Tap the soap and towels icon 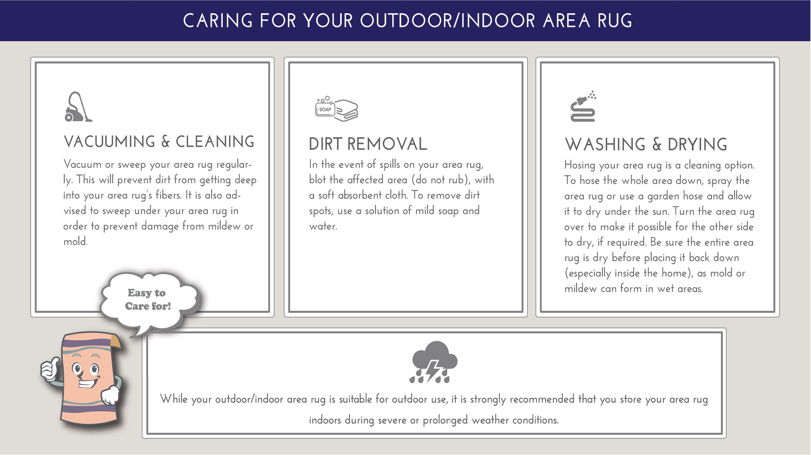click(337, 109)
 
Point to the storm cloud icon click(433, 362)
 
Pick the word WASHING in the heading click(605, 145)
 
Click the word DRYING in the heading click(697, 145)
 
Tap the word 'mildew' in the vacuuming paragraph click(224, 226)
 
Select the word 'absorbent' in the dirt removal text click(360, 195)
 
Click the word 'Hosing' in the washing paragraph click(579, 165)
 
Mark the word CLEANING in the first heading click(215, 142)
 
